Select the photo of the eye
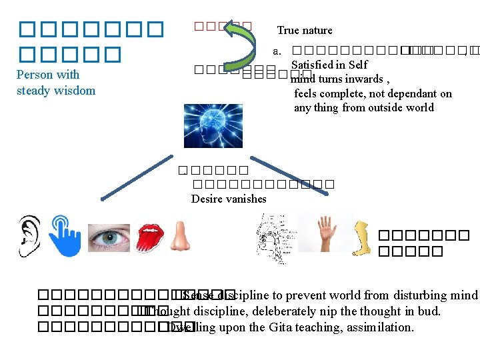(109, 238)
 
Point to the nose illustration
(178, 237)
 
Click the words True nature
(304, 30)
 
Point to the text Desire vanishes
(229, 199)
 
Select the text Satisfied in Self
(329, 65)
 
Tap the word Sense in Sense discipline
(198, 295)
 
